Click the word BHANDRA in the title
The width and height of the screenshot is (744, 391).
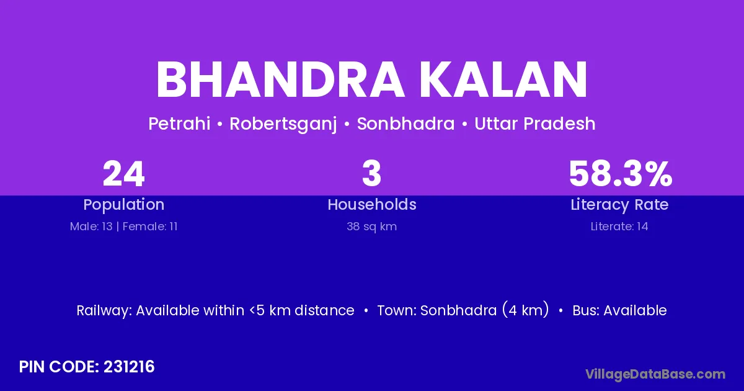(280, 79)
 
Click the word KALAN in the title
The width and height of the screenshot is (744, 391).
(503, 79)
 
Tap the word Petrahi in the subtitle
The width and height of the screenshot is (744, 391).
(179, 124)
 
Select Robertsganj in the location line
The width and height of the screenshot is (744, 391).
(283, 124)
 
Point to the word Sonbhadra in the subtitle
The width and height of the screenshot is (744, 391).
(405, 124)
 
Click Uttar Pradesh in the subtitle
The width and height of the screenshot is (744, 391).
(534, 124)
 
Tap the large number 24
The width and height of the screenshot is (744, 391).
(123, 174)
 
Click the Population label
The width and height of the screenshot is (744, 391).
(124, 205)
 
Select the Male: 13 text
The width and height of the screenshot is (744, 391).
(91, 227)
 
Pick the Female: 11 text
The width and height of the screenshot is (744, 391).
(150, 227)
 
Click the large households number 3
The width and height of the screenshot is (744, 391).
(371, 174)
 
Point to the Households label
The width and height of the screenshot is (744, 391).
(372, 204)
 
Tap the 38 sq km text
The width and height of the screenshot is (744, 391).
(371, 227)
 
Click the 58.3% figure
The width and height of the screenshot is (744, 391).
(621, 174)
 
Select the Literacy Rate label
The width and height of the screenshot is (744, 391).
(619, 205)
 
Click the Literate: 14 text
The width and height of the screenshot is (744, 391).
(619, 227)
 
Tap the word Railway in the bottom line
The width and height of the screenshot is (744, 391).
(104, 310)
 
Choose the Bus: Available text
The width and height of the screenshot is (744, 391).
(619, 310)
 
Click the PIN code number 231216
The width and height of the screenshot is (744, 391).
(129, 367)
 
